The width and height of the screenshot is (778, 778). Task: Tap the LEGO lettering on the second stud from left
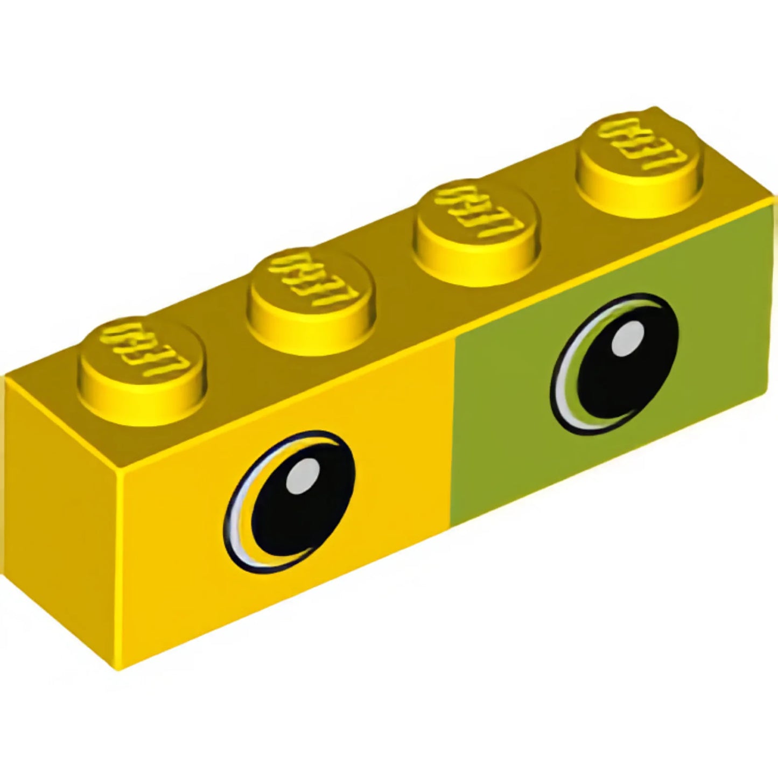312,277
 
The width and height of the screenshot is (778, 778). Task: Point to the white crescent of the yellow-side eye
237,533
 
